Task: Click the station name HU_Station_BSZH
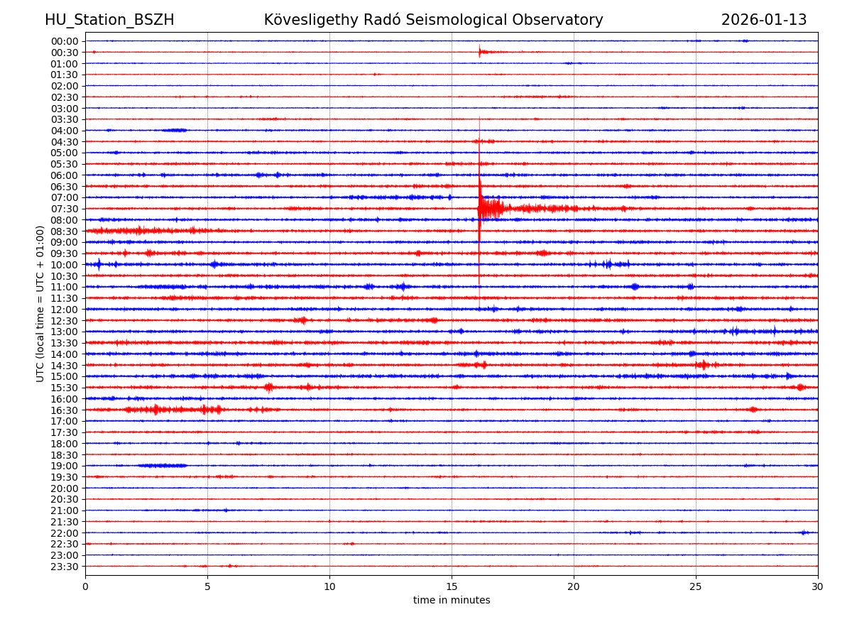[x=109, y=20]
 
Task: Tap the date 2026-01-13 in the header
[x=763, y=20]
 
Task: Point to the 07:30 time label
[x=64, y=209]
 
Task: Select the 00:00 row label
[x=64, y=41]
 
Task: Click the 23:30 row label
[x=64, y=567]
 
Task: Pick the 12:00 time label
[x=64, y=310]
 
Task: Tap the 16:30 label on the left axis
[x=64, y=410]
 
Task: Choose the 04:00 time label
[x=64, y=131]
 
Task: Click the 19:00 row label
[x=64, y=466]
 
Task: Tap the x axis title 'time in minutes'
[x=452, y=601]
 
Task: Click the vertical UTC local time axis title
[x=40, y=303]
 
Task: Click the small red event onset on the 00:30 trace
[x=481, y=51]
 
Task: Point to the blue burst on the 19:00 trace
[x=163, y=466]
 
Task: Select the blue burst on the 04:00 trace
[x=174, y=130]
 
